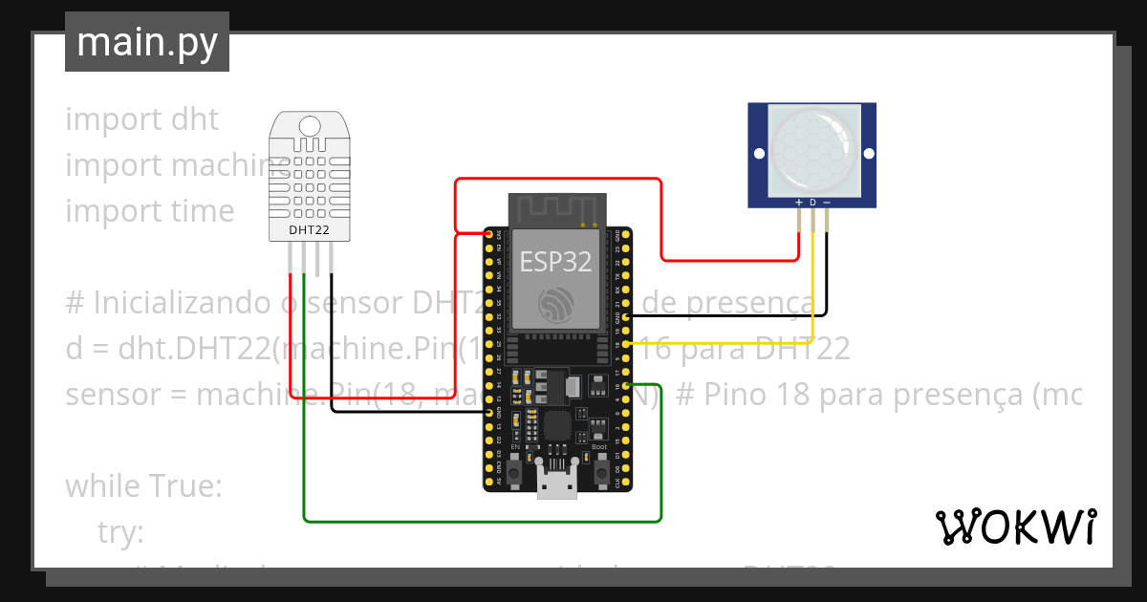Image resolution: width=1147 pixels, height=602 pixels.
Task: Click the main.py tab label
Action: [147, 42]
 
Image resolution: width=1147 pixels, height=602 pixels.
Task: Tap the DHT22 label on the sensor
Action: [310, 230]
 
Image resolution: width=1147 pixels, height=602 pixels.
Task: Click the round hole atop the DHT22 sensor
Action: [310, 126]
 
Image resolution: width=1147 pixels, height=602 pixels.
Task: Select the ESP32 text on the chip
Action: [555, 261]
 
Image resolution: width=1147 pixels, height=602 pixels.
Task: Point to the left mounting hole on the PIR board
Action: [759, 153]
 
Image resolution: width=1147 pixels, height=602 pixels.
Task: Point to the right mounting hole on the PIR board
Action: [868, 153]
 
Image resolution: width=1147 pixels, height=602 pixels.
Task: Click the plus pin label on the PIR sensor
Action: [799, 203]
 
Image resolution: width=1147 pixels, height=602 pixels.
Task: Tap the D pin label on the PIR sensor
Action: [812, 203]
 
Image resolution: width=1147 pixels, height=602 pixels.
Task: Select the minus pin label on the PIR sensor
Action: [827, 203]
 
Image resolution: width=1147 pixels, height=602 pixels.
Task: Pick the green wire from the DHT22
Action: [478, 521]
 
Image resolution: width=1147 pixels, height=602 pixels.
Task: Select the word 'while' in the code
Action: [101, 486]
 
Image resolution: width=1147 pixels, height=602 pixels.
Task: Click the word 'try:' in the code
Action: [120, 531]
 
